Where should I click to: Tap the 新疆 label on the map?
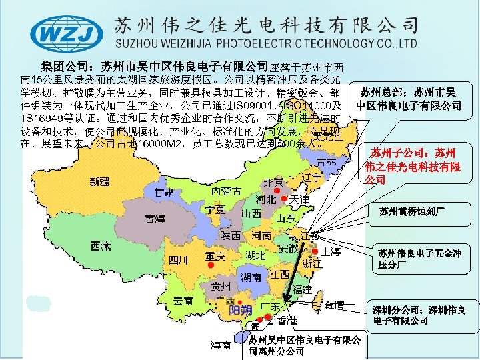101,181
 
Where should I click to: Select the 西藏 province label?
101,245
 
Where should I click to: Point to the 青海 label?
155,218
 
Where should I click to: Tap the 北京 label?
274,183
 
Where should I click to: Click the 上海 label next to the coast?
331,251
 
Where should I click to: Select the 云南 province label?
183,301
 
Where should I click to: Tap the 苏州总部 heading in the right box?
408,98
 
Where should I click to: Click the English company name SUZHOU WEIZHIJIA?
267,43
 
